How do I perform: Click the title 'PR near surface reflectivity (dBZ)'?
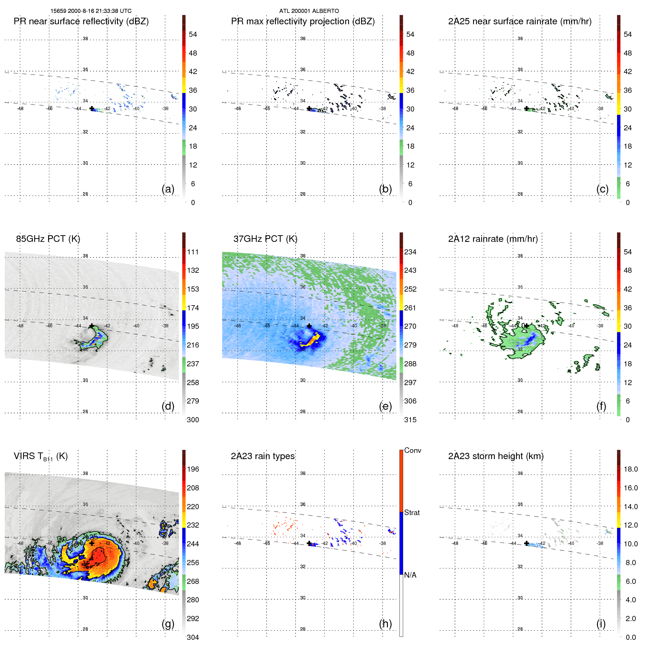point(81,21)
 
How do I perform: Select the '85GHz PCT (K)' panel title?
point(48,239)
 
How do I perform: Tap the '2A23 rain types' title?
point(262,456)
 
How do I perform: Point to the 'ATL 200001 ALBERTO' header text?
point(309,11)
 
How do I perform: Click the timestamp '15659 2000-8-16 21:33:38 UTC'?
point(91,11)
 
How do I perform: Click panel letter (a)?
point(168,189)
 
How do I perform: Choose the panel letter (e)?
point(385,406)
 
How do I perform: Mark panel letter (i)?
point(601,624)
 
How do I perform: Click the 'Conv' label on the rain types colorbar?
point(412,450)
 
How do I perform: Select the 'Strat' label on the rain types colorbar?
point(412,512)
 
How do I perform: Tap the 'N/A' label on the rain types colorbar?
point(410,575)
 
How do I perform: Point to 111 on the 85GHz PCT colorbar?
point(193,252)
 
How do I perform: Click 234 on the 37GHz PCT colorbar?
point(410,252)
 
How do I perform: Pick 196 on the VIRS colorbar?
point(193,469)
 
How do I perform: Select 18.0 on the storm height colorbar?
point(631,469)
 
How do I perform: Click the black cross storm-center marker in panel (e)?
point(309,326)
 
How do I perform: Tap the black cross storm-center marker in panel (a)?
point(92,108)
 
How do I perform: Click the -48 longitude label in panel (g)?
point(20,543)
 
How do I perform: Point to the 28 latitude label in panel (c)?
point(520,194)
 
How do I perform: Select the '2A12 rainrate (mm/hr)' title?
point(493,239)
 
